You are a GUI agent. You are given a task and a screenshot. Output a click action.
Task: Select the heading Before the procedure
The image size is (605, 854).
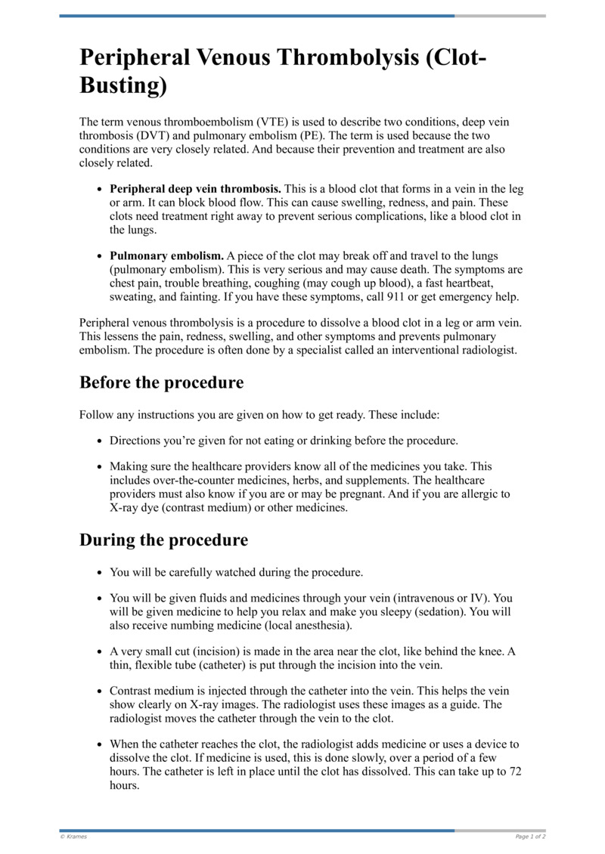coord(161,382)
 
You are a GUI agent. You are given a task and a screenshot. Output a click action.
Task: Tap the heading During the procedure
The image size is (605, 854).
coord(163,540)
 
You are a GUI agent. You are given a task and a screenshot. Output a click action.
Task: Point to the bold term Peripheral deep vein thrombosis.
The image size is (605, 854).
coord(196,189)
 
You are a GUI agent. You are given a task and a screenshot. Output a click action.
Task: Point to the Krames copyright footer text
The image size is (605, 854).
coord(73,837)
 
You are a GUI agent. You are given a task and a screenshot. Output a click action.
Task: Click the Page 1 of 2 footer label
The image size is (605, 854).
coord(530,837)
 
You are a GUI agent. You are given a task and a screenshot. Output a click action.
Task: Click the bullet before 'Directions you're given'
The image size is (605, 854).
coord(101,441)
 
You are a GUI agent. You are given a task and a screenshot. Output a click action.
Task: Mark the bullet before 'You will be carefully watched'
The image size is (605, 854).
coord(101,573)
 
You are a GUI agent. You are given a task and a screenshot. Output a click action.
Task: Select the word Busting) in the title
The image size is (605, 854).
coord(123,85)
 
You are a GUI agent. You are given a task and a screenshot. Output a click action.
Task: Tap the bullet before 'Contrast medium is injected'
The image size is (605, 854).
coord(101,691)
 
